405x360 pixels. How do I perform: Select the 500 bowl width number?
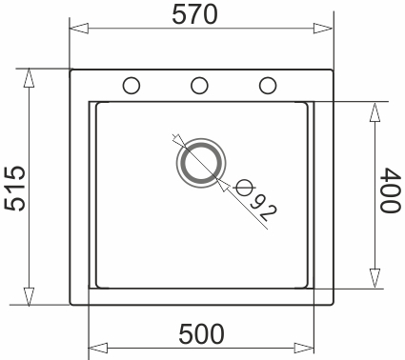pyautogui.click(x=201, y=335)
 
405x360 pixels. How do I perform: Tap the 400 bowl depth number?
pyautogui.click(x=389, y=193)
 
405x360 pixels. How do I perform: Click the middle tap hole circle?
pyautogui.click(x=200, y=85)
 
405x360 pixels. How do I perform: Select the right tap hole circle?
pyautogui.click(x=268, y=85)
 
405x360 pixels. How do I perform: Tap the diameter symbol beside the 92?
pyautogui.click(x=245, y=186)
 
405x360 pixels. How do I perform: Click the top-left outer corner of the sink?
pyautogui.click(x=71, y=69)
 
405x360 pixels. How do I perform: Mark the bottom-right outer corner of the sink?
pyautogui.click(x=332, y=305)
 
